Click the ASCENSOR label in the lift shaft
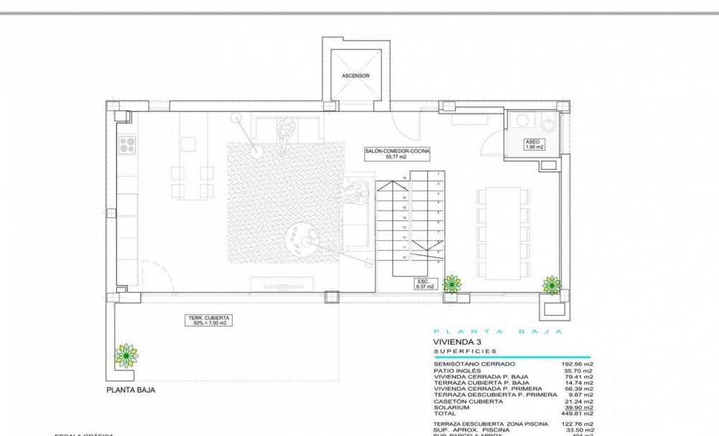356,76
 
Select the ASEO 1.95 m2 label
534,144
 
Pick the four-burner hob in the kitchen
127,145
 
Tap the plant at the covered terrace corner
126,355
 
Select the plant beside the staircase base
452,283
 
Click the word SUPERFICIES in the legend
465,351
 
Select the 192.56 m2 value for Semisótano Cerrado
577,365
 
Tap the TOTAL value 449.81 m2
577,413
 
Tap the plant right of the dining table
552,284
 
